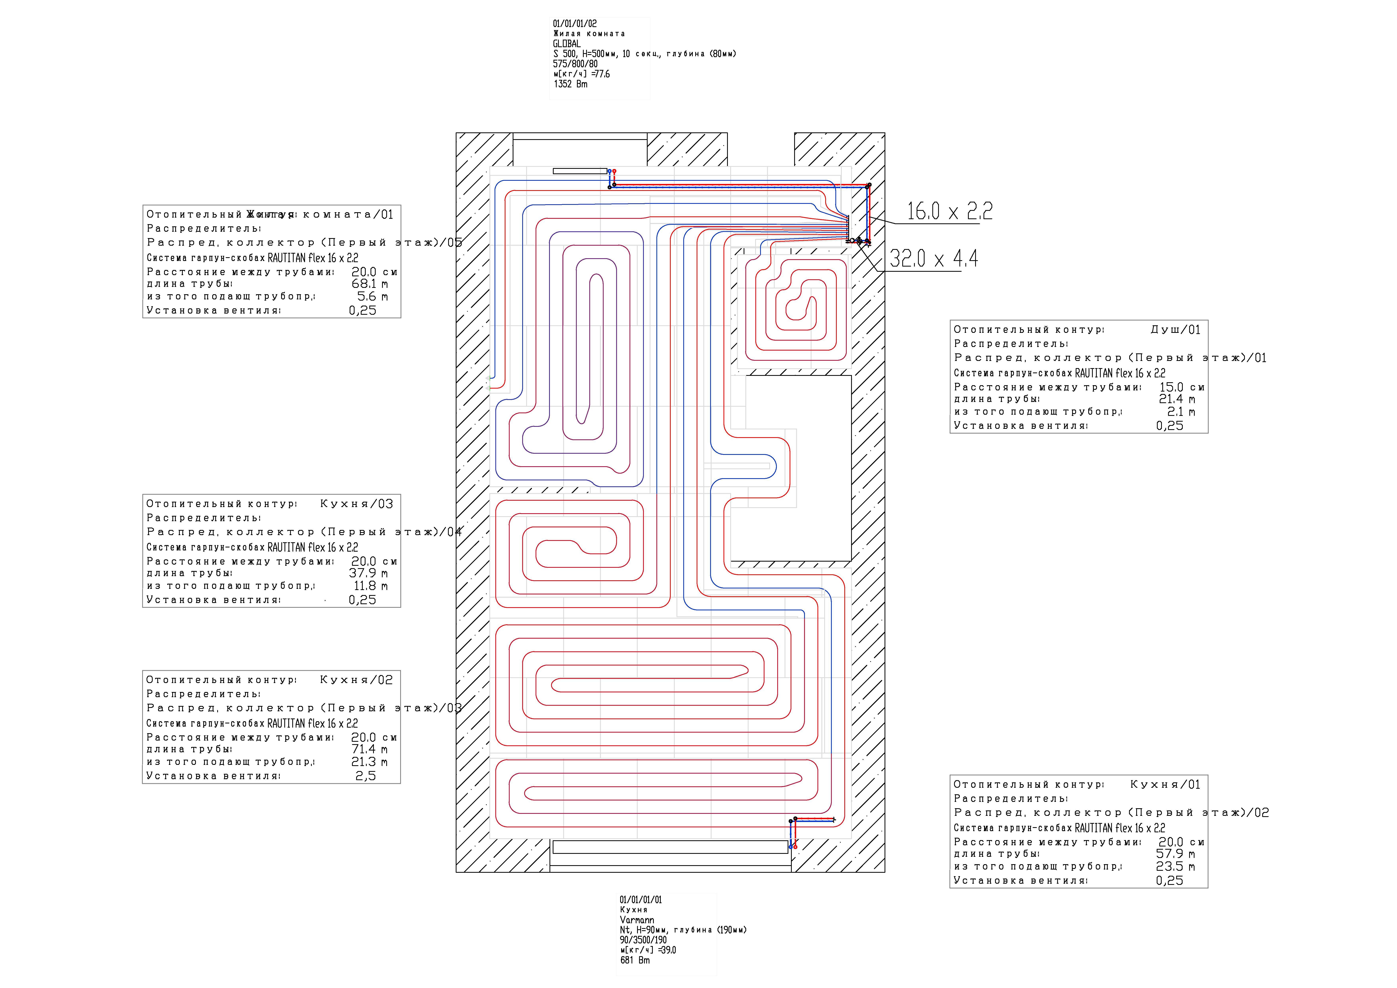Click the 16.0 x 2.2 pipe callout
click(x=949, y=211)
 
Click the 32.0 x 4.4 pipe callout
click(x=933, y=259)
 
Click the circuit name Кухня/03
click(x=357, y=504)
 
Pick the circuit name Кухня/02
click(x=357, y=680)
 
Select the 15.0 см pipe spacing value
click(x=1181, y=387)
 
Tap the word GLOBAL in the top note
click(x=566, y=44)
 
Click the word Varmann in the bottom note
click(x=636, y=920)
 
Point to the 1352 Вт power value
click(x=570, y=84)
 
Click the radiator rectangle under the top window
click(x=580, y=171)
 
